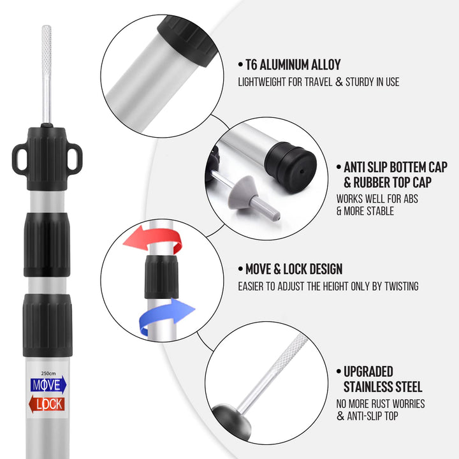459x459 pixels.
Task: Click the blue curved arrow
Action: (x=167, y=314)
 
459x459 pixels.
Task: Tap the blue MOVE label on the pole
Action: (x=48, y=385)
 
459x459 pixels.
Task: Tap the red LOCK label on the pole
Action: (x=48, y=404)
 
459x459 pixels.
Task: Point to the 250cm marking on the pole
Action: (x=48, y=374)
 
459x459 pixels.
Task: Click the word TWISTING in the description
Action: (x=400, y=287)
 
